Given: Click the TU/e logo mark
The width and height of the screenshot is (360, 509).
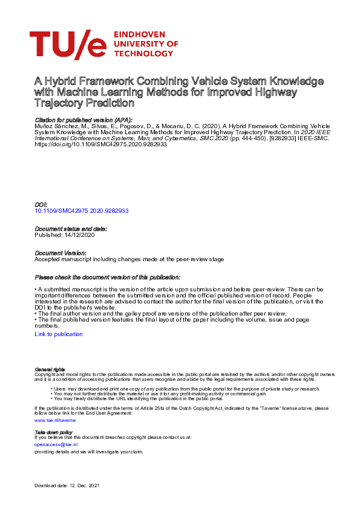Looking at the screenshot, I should click(68, 45).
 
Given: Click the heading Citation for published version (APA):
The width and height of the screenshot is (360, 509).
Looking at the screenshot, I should click(83, 120).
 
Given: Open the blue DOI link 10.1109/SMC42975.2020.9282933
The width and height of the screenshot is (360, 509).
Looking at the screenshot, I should click(82, 211).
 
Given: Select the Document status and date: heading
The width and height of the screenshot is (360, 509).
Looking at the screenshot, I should click(71, 229).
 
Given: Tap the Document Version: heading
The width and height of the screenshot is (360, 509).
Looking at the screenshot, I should click(60, 253).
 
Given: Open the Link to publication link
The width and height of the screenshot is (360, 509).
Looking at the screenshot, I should click(59, 334).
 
